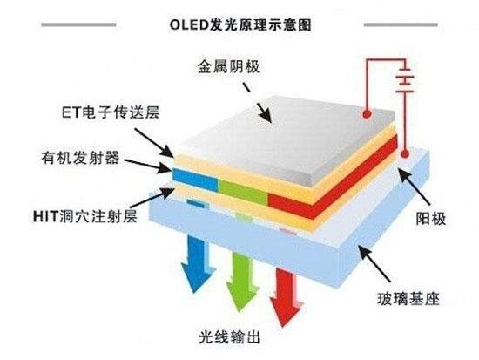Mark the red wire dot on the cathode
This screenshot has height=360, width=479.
click(x=369, y=114)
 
